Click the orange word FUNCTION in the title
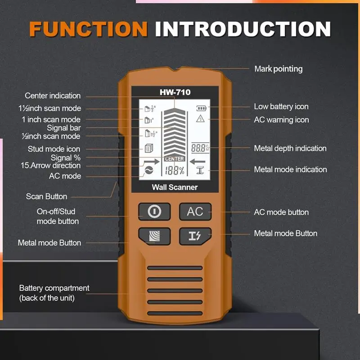88,29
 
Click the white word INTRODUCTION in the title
243,29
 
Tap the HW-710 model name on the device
175,92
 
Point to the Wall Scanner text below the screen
175,187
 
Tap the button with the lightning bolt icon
195,236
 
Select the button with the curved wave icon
154,236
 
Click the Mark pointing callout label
278,69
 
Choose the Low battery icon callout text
281,107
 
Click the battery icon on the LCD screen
200,108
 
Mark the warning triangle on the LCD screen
200,119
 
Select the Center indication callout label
53,96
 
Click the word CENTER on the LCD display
174,159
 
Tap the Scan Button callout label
46,196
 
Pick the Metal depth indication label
290,148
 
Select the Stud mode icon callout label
54,149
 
